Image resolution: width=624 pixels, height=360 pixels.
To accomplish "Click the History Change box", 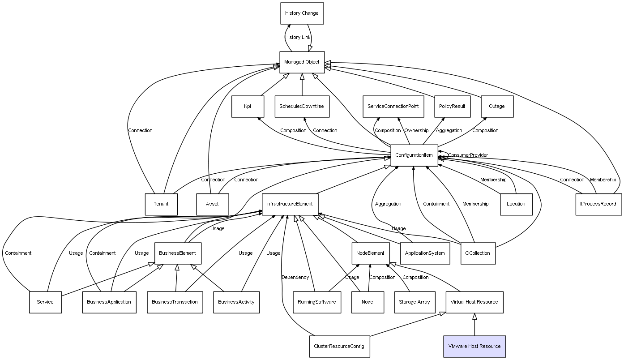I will point(302,13).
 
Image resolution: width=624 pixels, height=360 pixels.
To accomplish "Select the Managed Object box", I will point(302,62).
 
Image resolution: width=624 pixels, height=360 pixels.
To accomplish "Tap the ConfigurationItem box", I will point(414,155).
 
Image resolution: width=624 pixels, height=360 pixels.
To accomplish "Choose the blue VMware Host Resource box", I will point(474,347).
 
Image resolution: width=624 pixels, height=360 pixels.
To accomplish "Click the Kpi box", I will point(248,107).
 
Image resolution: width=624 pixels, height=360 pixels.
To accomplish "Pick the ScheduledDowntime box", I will point(302,107).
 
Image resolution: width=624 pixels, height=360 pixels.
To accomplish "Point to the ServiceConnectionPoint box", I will point(393,107).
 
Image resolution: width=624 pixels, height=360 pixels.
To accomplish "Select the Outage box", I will point(497,107).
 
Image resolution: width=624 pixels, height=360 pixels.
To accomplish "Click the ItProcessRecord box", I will point(598,204).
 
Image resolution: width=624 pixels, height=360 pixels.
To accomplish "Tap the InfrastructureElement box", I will point(290,204).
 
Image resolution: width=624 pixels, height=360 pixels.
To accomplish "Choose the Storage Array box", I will point(415,302).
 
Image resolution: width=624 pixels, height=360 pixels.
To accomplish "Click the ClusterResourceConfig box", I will point(339,347).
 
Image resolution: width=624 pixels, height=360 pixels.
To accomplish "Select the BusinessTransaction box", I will point(175,302).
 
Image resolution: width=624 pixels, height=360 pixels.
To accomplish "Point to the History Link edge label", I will point(298,38).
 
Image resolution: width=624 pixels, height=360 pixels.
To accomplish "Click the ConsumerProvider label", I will point(468,155).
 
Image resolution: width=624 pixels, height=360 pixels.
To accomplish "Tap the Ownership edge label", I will point(416,131).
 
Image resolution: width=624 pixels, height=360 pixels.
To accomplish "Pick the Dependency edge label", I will point(295,278).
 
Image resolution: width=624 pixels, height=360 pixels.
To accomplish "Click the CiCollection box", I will point(478,253).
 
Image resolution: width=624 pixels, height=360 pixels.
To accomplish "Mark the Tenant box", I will point(161,204).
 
